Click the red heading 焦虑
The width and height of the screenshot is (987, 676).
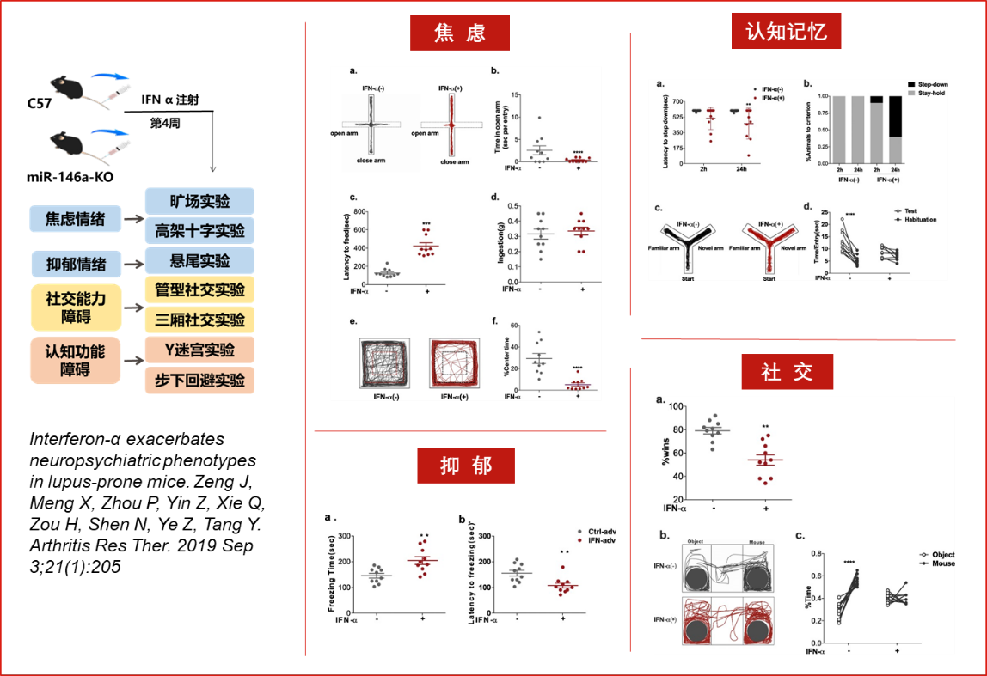pyautogui.click(x=459, y=33)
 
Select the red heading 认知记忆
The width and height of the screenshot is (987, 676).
pyautogui.click(x=786, y=32)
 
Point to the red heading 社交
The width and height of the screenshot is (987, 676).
pyautogui.click(x=788, y=372)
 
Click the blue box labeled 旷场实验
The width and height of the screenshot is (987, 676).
pyautogui.click(x=199, y=201)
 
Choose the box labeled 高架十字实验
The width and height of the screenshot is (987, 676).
pyautogui.click(x=199, y=231)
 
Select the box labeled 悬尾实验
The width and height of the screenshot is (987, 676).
pyautogui.click(x=199, y=260)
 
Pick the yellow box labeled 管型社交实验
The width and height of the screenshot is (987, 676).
pyautogui.click(x=199, y=290)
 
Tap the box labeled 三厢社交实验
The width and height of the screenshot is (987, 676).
pyautogui.click(x=199, y=320)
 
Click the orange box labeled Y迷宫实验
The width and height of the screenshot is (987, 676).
pyautogui.click(x=199, y=350)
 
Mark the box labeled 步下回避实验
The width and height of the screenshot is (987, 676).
pyautogui.click(x=199, y=380)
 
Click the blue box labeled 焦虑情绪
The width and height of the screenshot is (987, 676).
pyautogui.click(x=75, y=219)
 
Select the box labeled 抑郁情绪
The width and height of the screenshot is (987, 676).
pyautogui.click(x=75, y=264)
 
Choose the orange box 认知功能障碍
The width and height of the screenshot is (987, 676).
pyautogui.click(x=75, y=361)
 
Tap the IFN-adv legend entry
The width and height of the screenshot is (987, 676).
pyautogui.click(x=600, y=540)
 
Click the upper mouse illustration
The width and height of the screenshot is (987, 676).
pyautogui.click(x=67, y=88)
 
